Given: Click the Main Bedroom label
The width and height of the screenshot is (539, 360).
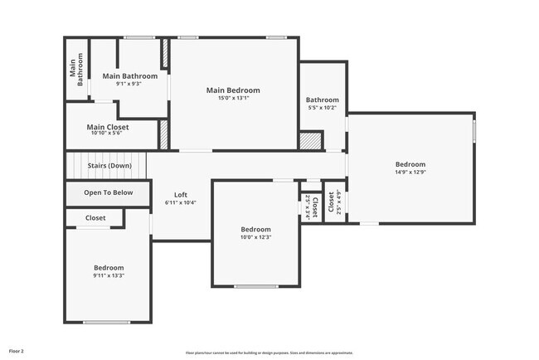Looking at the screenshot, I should pyautogui.click(x=233, y=90).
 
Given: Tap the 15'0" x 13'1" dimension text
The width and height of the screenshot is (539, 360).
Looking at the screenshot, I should pyautogui.click(x=233, y=98).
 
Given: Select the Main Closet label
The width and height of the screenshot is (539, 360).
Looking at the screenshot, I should pyautogui.click(x=108, y=127).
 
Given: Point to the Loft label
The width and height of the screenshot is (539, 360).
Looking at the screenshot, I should pyautogui.click(x=180, y=195).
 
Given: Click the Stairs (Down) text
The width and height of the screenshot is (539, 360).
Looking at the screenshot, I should pyautogui.click(x=109, y=165).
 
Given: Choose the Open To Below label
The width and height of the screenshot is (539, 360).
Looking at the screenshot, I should pyautogui.click(x=108, y=192).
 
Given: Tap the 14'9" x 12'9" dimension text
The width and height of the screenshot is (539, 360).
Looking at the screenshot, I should pyautogui.click(x=410, y=172).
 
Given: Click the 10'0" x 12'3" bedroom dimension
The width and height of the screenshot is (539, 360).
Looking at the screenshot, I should pyautogui.click(x=255, y=237).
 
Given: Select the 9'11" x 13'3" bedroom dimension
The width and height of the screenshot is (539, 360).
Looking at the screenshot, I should pyautogui.click(x=109, y=275).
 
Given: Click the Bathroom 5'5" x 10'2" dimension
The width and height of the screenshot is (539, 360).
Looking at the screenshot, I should pyautogui.click(x=322, y=107).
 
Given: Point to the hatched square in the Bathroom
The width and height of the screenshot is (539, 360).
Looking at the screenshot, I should pyautogui.click(x=310, y=141).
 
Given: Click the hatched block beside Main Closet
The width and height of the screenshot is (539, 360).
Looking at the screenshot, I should pyautogui.click(x=163, y=135).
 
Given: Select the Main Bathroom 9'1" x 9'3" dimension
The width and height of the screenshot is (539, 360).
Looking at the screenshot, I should pyautogui.click(x=129, y=83).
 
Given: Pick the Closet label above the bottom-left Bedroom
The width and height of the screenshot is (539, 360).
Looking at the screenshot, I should pyautogui.click(x=95, y=218).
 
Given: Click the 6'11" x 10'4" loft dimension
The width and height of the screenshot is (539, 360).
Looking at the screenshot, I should pyautogui.click(x=180, y=202).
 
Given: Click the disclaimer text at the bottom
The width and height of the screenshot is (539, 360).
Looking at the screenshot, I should pyautogui.click(x=269, y=353).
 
